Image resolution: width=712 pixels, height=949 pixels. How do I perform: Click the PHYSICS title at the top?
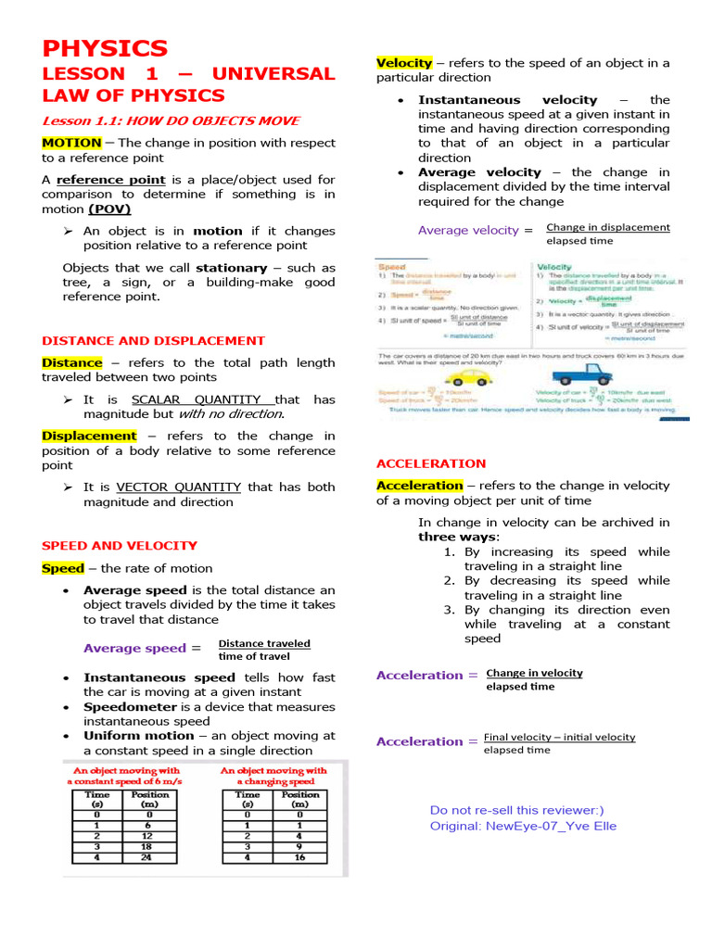click(x=105, y=48)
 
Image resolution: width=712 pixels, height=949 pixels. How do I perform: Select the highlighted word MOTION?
click(x=71, y=143)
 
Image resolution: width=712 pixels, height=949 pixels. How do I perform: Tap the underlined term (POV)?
click(x=109, y=209)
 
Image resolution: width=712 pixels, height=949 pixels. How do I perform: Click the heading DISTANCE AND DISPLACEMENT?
click(x=153, y=341)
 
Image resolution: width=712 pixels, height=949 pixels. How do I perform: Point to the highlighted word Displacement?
click(x=89, y=436)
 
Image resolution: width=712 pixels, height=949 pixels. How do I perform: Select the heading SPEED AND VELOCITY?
click(x=120, y=546)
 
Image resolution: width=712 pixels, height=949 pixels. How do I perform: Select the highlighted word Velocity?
click(x=404, y=63)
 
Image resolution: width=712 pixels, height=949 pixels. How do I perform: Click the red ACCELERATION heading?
click(x=430, y=463)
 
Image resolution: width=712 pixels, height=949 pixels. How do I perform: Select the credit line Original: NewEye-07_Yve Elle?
click(x=523, y=826)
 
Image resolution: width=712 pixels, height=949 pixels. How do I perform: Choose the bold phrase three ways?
click(x=457, y=537)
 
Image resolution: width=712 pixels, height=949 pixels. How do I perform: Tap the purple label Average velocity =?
click(x=475, y=230)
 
